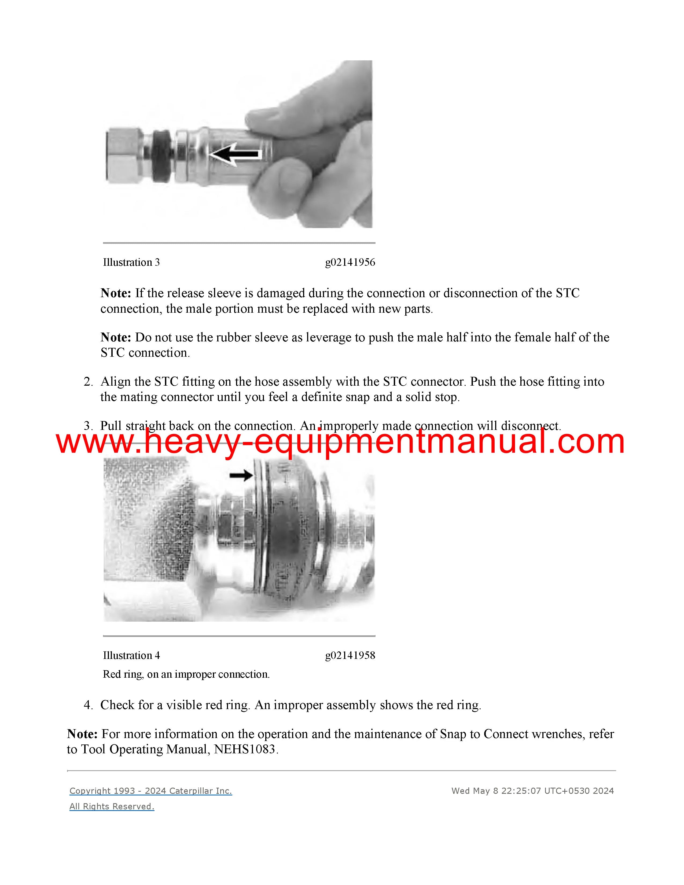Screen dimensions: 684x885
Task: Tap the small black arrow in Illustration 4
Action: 241,475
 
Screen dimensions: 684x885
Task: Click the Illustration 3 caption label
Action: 131,263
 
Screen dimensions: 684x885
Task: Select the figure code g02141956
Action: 350,263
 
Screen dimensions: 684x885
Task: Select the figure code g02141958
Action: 350,656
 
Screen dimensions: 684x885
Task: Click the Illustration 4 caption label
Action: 131,656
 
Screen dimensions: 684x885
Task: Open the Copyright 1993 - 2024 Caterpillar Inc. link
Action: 151,791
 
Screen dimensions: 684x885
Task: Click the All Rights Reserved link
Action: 112,806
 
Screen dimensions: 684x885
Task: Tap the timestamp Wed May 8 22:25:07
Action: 497,791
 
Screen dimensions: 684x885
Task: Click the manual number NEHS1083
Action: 245,749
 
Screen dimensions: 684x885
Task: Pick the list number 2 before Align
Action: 88,382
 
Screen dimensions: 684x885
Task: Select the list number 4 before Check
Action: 88,705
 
